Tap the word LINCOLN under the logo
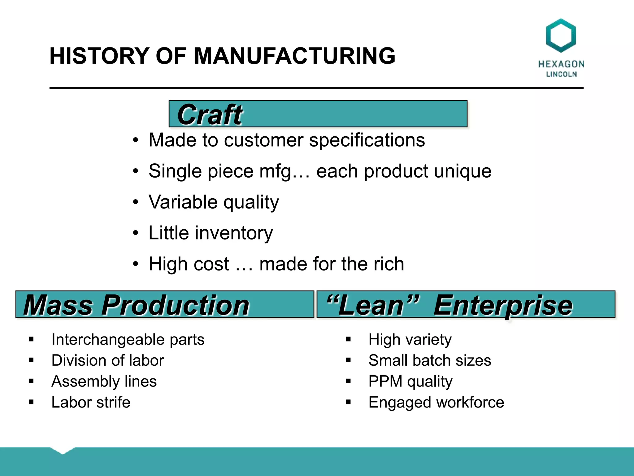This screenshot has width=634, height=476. point(561,74)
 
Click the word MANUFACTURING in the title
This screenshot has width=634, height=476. point(294,56)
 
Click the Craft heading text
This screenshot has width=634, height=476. point(210,115)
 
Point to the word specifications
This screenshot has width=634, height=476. point(367,140)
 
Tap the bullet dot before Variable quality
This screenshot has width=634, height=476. point(136,202)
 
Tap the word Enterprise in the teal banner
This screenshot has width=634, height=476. point(503,305)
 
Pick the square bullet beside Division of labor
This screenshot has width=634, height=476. point(31,360)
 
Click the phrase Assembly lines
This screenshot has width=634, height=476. point(104,381)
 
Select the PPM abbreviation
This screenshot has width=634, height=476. point(385,381)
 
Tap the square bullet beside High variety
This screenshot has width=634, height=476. point(348,339)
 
